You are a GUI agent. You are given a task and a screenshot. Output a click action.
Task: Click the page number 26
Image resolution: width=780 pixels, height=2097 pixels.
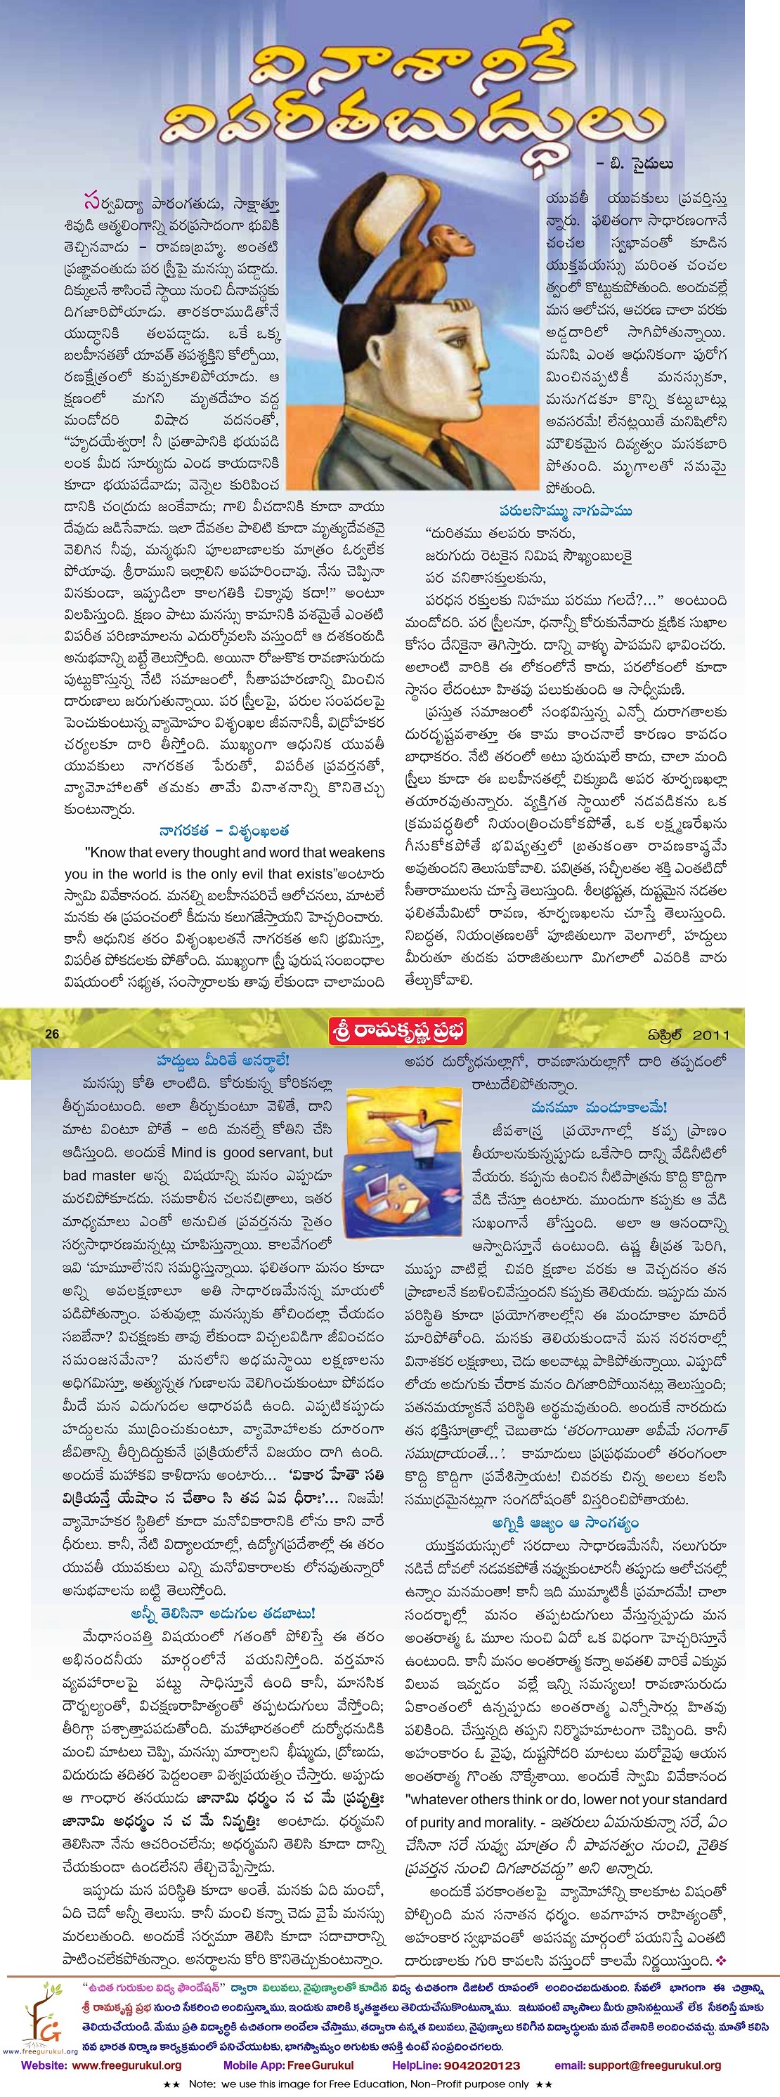click(53, 1034)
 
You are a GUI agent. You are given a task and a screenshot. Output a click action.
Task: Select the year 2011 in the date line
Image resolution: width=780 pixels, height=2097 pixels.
click(711, 1034)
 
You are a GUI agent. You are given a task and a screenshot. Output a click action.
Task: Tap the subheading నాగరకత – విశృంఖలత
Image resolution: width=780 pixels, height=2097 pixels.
click(224, 830)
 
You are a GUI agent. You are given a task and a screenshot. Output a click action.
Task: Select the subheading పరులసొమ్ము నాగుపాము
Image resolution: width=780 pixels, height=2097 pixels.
click(565, 511)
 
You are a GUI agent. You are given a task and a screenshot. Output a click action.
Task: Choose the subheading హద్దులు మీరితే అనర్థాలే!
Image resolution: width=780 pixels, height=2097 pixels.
click(222, 1060)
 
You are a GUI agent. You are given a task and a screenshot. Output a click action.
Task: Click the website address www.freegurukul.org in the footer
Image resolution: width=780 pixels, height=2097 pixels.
click(126, 2065)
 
